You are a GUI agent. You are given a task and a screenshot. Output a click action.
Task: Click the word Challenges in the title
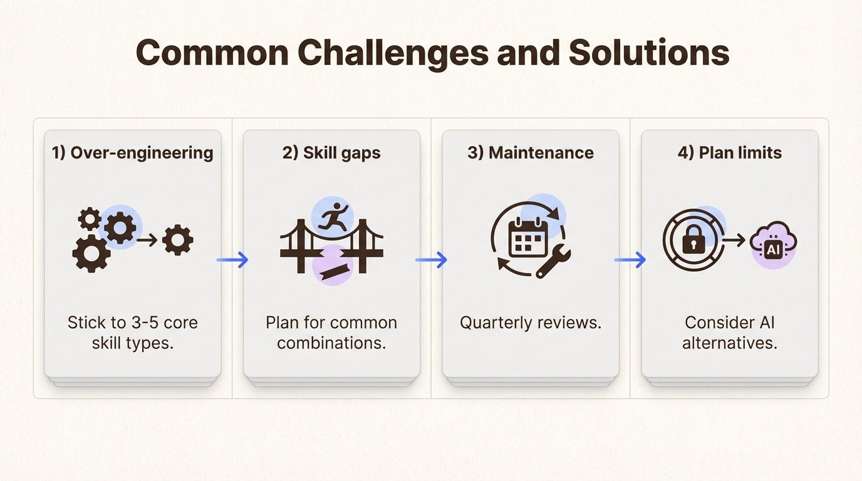393,53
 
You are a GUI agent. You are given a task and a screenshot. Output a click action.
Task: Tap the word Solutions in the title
649,53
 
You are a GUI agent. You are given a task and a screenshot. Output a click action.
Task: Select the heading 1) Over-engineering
132,153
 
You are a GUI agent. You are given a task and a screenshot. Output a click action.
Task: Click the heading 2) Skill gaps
331,153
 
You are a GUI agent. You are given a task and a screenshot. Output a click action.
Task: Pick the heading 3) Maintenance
531,153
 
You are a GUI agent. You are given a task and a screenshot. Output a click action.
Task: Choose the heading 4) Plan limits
730,153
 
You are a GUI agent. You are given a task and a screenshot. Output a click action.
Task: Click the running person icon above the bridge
333,216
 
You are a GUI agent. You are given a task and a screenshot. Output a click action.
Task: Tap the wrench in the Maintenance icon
553,261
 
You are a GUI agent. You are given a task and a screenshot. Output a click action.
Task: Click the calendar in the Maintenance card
528,237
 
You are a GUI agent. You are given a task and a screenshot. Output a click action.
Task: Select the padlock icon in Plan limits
693,240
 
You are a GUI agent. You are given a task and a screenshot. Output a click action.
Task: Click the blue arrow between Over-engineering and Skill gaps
232,260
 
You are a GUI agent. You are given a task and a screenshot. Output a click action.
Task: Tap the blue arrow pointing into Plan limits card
630,260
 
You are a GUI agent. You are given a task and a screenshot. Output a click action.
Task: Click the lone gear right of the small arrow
178,240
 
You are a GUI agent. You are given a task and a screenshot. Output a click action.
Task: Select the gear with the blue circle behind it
120,227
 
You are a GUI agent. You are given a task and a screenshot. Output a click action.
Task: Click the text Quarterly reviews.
531,323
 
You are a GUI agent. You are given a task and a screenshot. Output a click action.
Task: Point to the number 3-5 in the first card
143,323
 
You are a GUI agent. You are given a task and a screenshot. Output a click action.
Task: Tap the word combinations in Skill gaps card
331,343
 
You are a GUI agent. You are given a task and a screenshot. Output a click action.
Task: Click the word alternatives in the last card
730,343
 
